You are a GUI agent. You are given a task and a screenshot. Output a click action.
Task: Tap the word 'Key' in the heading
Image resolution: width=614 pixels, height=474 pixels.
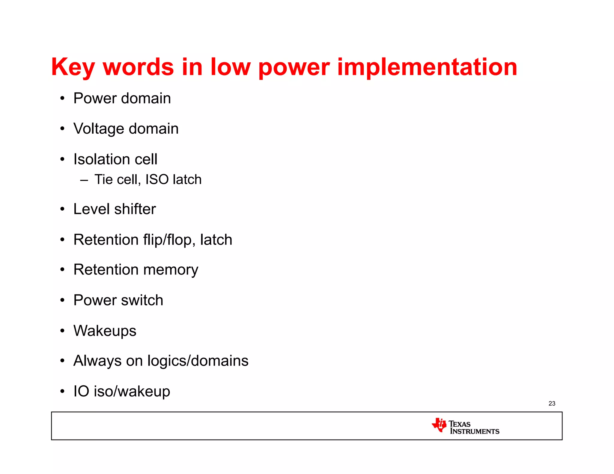pyautogui.click(x=73, y=67)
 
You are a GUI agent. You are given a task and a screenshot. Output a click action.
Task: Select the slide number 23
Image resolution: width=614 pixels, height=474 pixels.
pyautogui.click(x=552, y=404)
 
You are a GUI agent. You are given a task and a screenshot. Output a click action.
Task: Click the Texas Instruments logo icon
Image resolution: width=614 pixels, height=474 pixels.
pyautogui.click(x=439, y=425)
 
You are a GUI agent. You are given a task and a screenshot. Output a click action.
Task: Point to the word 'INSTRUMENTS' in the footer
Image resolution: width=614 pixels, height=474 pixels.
pyautogui.click(x=475, y=431)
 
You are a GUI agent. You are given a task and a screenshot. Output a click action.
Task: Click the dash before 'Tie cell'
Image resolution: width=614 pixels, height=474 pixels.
pyautogui.click(x=84, y=180)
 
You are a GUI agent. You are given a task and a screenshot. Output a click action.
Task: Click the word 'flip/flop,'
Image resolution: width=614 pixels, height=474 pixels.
pyautogui.click(x=169, y=240)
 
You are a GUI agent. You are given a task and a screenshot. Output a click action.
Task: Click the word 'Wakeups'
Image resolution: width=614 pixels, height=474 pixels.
pyautogui.click(x=105, y=331)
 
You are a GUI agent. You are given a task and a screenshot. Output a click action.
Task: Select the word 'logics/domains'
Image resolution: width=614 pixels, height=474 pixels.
pyautogui.click(x=198, y=361)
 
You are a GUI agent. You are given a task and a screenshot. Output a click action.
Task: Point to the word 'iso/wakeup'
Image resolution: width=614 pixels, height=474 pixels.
pyautogui.click(x=132, y=392)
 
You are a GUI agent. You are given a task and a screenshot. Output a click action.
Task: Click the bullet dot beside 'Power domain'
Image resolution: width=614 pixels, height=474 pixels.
pyautogui.click(x=62, y=98)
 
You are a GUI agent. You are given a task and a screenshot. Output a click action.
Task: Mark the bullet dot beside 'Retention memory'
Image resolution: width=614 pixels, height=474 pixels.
pyautogui.click(x=62, y=270)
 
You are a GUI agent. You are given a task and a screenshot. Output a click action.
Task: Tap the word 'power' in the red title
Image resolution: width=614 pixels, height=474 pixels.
pyautogui.click(x=294, y=67)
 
